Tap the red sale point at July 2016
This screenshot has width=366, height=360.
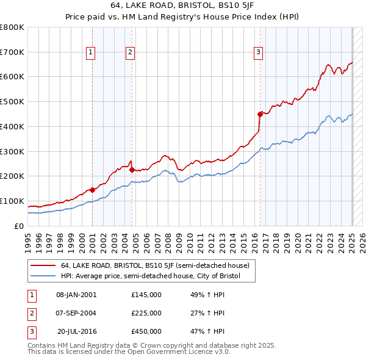click(260, 113)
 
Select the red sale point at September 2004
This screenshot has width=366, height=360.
click(132, 170)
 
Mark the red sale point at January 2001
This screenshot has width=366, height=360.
click(92, 190)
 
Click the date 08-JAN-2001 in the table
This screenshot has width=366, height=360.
click(76, 295)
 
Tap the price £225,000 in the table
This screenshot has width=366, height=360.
click(146, 313)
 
